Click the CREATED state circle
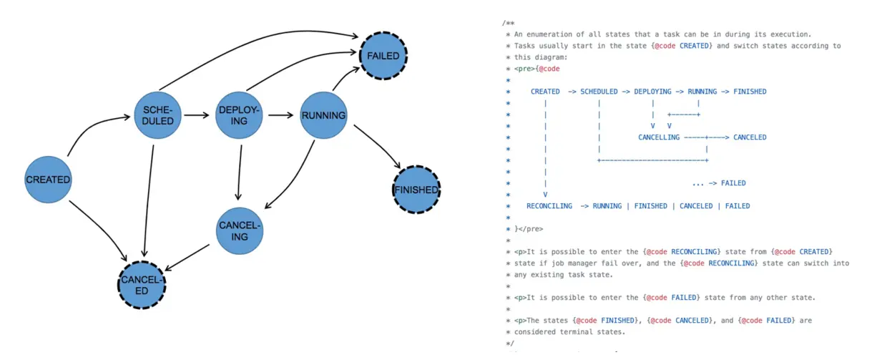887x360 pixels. [x=48, y=180]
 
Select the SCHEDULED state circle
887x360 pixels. [x=158, y=115]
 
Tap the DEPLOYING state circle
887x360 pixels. [x=239, y=115]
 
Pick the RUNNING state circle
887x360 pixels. [x=323, y=115]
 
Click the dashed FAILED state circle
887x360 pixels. [x=383, y=55]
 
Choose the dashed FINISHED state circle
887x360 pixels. [x=416, y=190]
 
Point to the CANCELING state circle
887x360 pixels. [x=240, y=230]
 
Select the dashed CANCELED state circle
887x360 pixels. [x=142, y=285]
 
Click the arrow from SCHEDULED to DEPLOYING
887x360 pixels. [x=198, y=115]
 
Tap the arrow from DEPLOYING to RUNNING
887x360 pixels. [x=281, y=115]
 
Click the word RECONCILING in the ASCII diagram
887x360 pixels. [x=549, y=206]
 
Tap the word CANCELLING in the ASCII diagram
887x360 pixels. [x=659, y=137]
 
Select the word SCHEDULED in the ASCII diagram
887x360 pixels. [x=599, y=92]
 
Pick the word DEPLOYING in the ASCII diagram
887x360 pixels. [x=652, y=92]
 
